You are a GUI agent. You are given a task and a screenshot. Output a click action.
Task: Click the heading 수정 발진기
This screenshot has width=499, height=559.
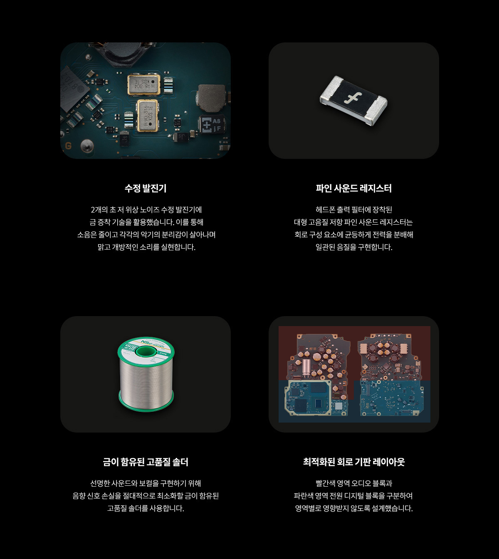146,188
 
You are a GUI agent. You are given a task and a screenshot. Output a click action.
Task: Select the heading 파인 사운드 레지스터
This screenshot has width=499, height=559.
353,188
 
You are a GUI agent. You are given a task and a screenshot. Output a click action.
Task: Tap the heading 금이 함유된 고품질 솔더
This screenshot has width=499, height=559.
146,462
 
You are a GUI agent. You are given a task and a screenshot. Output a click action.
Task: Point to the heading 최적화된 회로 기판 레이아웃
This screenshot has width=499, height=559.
353,462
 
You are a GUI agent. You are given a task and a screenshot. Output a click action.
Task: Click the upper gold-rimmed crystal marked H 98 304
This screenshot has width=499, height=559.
144,84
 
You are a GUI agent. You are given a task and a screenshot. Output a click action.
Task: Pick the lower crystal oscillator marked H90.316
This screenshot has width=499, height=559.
148,116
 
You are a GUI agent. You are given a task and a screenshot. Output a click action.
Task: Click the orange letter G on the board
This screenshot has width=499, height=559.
68,146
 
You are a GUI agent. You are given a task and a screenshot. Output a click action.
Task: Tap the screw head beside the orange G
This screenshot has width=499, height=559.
87,146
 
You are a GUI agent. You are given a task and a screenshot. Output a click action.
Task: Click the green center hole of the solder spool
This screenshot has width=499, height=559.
146,352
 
